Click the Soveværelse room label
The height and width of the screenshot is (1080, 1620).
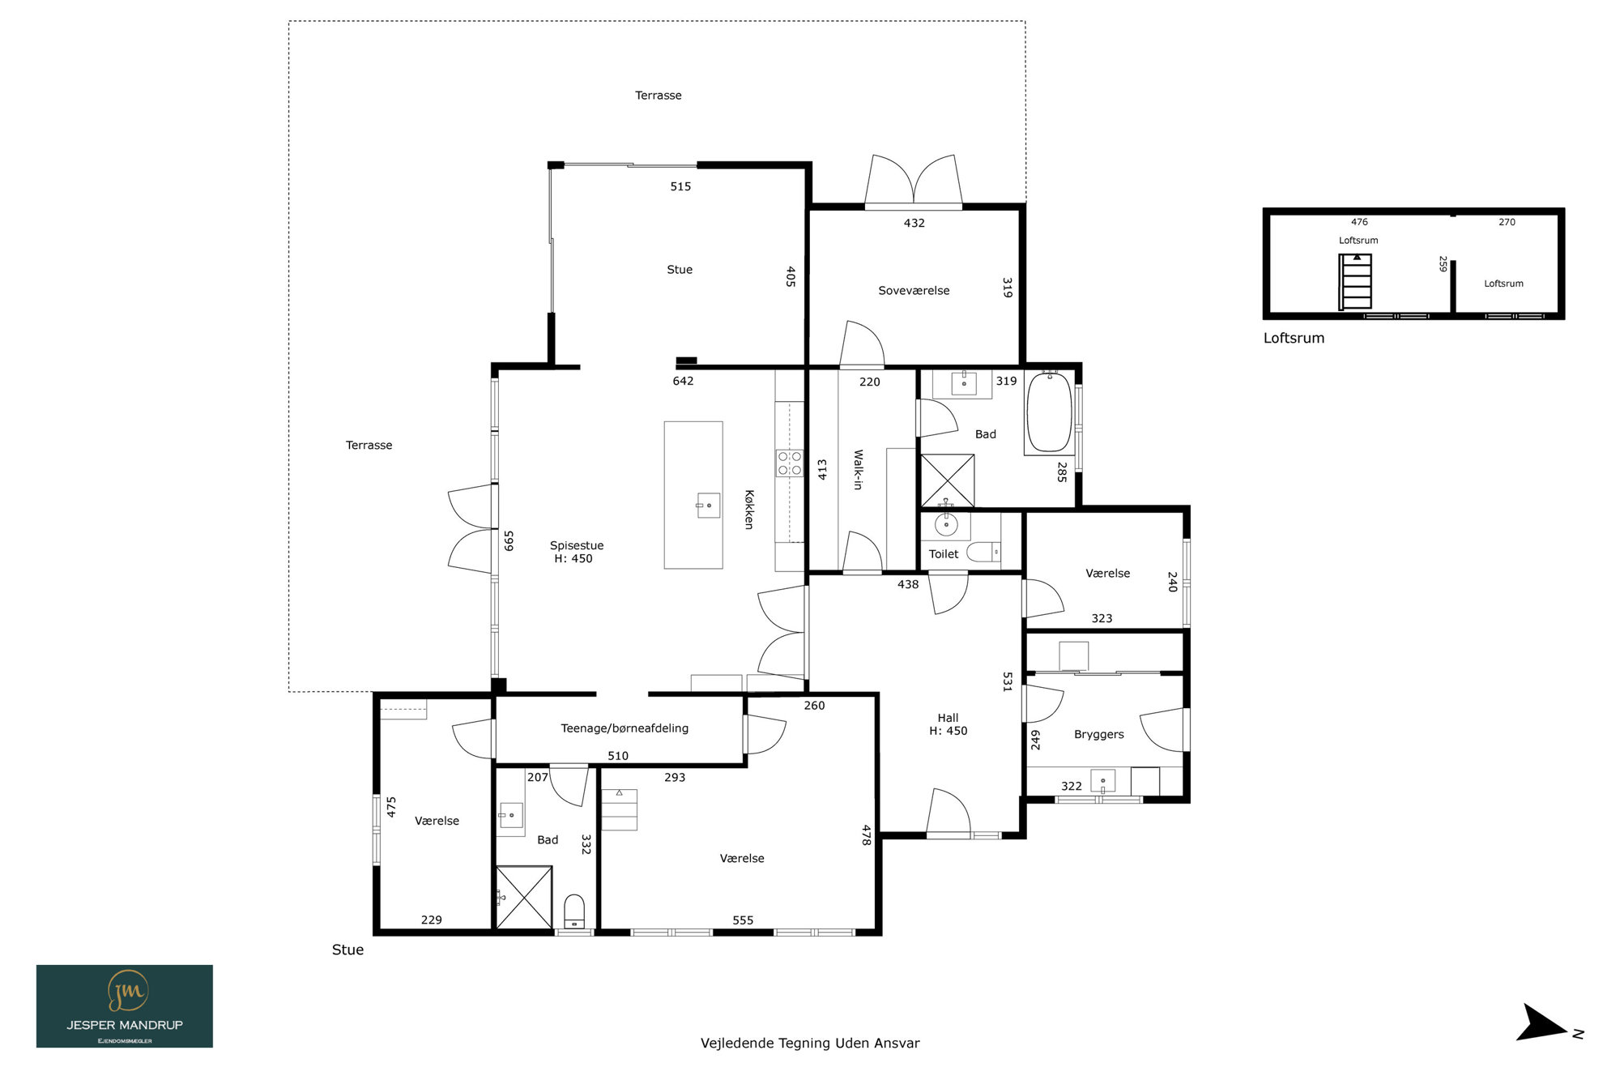[914, 291]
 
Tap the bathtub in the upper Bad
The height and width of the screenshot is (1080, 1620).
[1050, 412]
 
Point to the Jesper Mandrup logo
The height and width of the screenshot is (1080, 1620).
[125, 1006]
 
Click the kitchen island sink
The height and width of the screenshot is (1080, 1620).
[708, 506]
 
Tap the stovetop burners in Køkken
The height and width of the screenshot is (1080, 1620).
[790, 463]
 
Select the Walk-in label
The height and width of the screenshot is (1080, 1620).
[858, 470]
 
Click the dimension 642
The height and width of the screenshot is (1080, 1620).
[683, 381]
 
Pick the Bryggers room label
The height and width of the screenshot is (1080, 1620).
[1098, 735]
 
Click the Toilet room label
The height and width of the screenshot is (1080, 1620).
[944, 554]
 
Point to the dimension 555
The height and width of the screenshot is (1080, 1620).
[743, 920]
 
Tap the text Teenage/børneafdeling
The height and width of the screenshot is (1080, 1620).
[625, 728]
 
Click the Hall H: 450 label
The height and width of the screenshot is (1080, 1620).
[948, 724]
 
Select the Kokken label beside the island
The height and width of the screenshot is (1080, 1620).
[749, 510]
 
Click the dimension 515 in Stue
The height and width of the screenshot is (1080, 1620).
[680, 186]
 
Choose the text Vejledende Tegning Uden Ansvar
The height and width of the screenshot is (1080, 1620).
[810, 1044]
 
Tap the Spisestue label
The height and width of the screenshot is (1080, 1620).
[577, 546]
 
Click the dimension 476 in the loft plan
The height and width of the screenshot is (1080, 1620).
[1359, 222]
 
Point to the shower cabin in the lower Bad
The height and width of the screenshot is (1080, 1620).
[524, 898]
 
